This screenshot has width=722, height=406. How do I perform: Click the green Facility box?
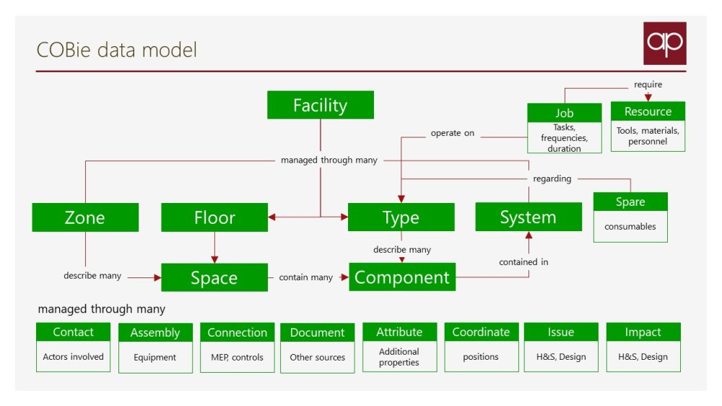point(320,105)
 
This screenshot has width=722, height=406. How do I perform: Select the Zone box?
point(85,217)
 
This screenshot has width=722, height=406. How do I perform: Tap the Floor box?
point(214,217)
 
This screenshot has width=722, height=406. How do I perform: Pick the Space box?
point(214,277)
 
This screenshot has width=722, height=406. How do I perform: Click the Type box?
point(401,217)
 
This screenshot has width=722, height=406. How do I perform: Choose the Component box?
point(402,277)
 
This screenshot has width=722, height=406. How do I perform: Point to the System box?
point(529,217)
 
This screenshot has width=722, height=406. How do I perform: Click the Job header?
point(564,113)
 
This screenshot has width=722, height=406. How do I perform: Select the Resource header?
point(648,111)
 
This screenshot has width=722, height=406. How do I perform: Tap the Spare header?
point(630,202)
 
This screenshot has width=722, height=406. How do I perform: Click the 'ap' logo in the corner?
point(665,43)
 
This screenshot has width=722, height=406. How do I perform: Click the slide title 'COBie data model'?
point(117,50)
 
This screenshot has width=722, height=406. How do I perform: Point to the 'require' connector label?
point(648,85)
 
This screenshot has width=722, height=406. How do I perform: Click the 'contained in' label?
point(523,262)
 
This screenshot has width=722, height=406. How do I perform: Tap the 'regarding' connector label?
point(552,178)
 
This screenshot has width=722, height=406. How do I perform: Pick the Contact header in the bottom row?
point(73,332)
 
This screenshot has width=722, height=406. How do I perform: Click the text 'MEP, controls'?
point(237,357)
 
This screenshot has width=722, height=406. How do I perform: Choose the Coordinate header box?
point(481,332)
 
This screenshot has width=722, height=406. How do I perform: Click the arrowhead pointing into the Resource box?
point(648,98)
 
